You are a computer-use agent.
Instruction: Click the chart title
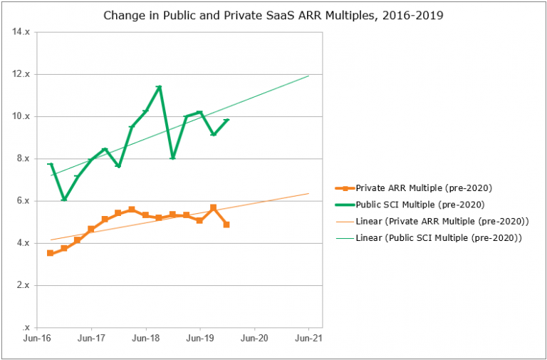click(273, 15)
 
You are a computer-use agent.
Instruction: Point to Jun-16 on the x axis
click(37, 339)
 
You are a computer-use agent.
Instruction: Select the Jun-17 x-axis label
click(91, 339)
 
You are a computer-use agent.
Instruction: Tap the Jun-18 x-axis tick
click(145, 339)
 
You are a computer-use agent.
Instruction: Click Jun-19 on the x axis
click(199, 339)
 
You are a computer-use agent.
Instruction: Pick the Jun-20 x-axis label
click(254, 339)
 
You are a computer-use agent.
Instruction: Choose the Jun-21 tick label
click(308, 339)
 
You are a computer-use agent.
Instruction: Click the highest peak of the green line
click(159, 87)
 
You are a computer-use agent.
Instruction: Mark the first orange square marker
click(50, 253)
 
